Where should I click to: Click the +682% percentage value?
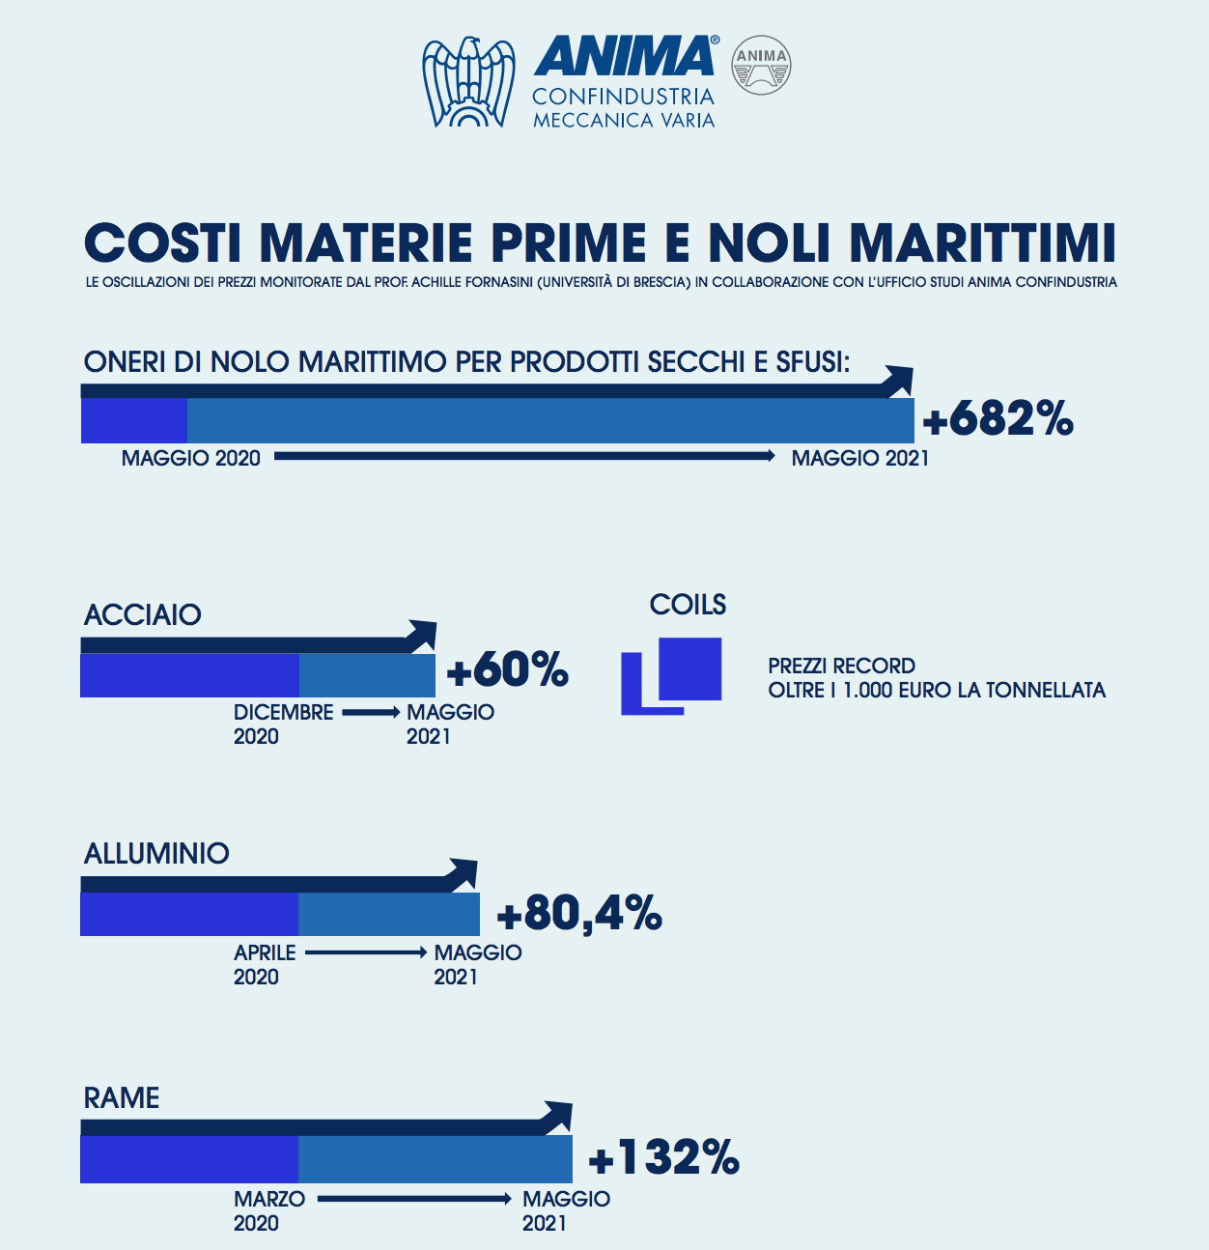pyautogui.click(x=998, y=419)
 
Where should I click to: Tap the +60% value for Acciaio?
pyautogui.click(x=508, y=669)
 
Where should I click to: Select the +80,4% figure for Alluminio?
pyautogui.click(x=579, y=913)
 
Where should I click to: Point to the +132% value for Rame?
pyautogui.click(x=664, y=1157)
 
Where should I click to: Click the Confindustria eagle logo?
pyautogui.click(x=468, y=82)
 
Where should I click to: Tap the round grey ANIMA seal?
pyautogui.click(x=761, y=66)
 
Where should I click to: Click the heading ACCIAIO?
pyautogui.click(x=143, y=614)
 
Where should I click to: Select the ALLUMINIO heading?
pyautogui.click(x=156, y=853)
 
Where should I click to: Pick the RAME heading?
pyautogui.click(x=122, y=1097)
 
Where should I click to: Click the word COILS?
pyautogui.click(x=688, y=605)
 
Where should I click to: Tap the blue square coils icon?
pyautogui.click(x=672, y=675)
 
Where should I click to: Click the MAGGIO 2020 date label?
pyautogui.click(x=191, y=458)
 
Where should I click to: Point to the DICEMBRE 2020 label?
pyautogui.click(x=283, y=724)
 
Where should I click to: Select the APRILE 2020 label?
pyautogui.click(x=265, y=964)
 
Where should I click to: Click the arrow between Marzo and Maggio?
pyautogui.click(x=414, y=1199)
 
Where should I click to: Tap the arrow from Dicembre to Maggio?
pyautogui.click(x=371, y=713)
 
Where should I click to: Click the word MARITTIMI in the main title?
pyautogui.click(x=983, y=242)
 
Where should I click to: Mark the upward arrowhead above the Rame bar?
pyautogui.click(x=557, y=1117)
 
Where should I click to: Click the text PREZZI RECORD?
pyautogui.click(x=841, y=666)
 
